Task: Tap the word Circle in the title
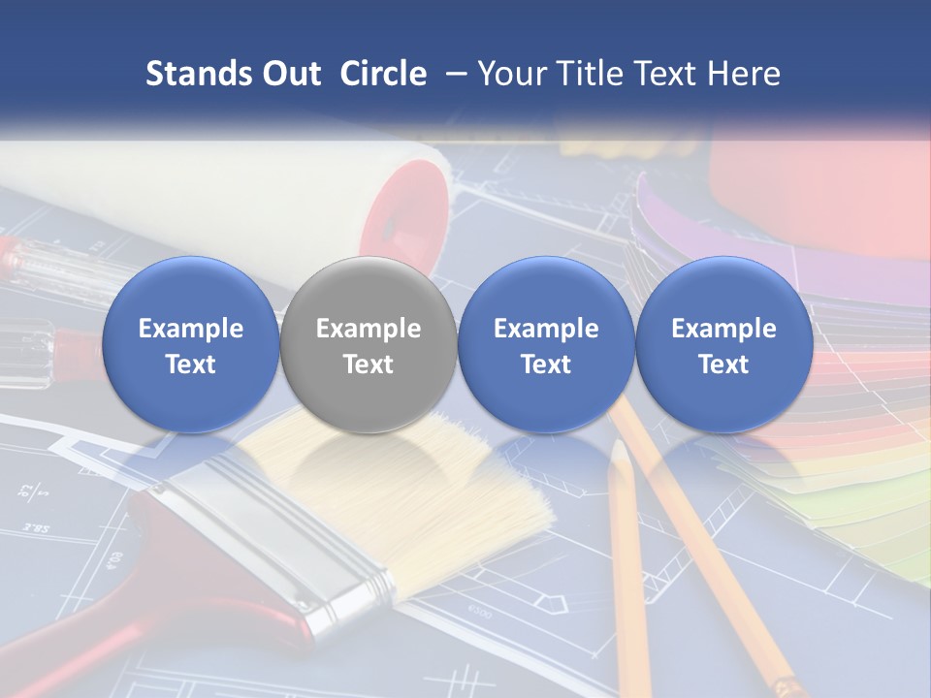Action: point(383,74)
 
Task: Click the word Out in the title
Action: point(288,74)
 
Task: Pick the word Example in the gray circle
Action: point(368,329)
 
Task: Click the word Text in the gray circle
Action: point(368,365)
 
